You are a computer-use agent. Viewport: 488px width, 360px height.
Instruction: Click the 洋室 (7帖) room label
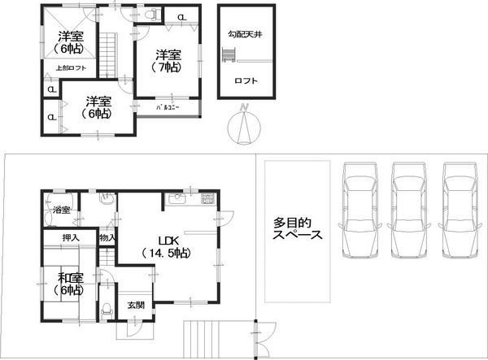pyautogui.click(x=168, y=61)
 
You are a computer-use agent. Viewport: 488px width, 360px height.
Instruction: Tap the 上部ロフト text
pyautogui.click(x=70, y=68)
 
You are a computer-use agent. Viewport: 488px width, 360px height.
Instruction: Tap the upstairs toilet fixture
pyautogui.click(x=150, y=15)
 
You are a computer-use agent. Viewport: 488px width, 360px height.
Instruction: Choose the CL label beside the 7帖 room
pyautogui.click(x=180, y=17)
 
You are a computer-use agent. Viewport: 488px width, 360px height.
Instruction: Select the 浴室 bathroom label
pyautogui.click(x=61, y=210)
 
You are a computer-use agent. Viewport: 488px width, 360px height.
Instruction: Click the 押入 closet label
pyautogui.click(x=71, y=237)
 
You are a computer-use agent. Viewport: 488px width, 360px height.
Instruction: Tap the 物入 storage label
pyautogui.click(x=107, y=237)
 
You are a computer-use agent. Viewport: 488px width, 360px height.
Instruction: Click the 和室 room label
pyautogui.click(x=68, y=283)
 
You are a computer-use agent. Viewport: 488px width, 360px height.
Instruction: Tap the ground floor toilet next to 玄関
pyautogui.click(x=107, y=309)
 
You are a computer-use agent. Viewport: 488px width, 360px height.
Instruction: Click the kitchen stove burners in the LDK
pyautogui.click(x=207, y=198)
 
